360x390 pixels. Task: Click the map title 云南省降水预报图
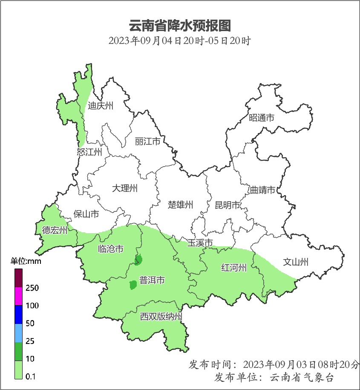tap(179, 26)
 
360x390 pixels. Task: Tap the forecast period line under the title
tap(179, 41)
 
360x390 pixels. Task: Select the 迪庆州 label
tap(101, 106)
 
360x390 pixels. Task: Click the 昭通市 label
tap(262, 118)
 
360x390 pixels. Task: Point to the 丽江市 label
tap(147, 141)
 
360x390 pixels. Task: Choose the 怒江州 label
tap(89, 152)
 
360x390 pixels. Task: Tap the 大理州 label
tap(125, 188)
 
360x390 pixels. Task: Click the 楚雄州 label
tap(181, 205)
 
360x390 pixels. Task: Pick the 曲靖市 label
tap(262, 190)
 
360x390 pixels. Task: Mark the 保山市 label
tap(86, 214)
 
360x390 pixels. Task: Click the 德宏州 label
tap(55, 231)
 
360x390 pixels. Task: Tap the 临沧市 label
tap(111, 249)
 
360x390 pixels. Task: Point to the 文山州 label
tap(296, 262)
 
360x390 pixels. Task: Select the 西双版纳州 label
tap(161, 317)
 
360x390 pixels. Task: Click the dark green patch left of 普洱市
tap(132, 285)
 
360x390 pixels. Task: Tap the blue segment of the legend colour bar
tap(18, 314)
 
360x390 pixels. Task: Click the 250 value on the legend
tap(32, 288)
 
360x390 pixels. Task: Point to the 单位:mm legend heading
tap(26, 261)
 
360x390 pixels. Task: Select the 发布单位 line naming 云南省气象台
tap(274, 378)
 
